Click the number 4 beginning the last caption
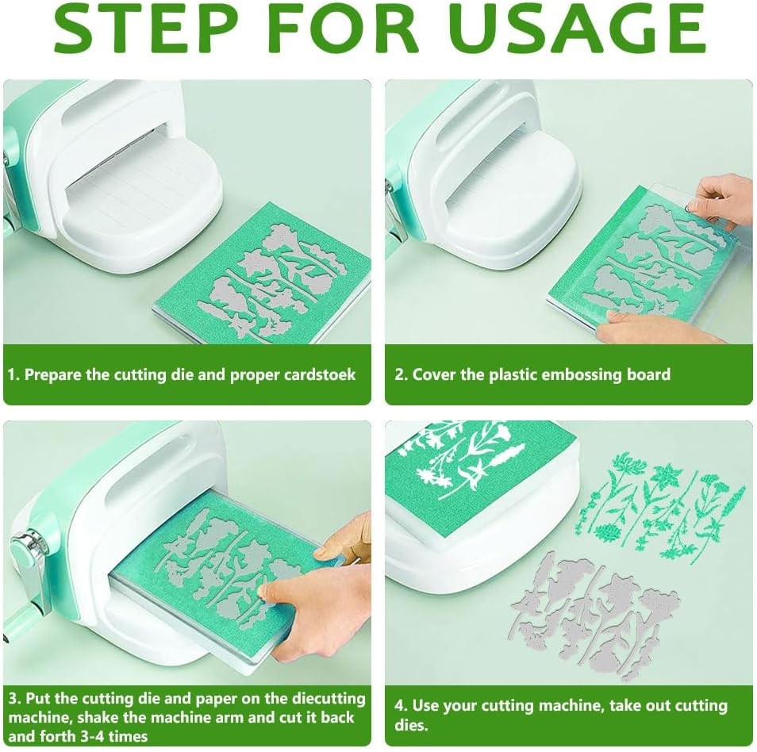[399, 706]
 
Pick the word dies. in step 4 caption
[411, 725]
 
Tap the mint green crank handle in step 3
[21, 623]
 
